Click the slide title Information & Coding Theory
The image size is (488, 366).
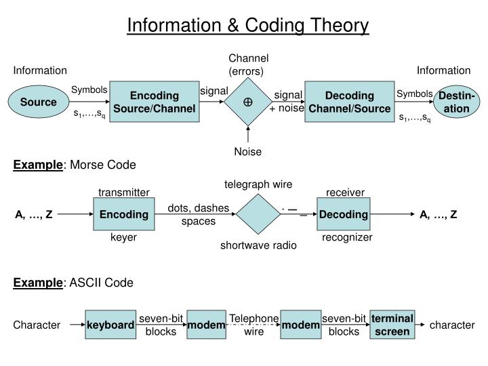pyautogui.click(x=248, y=26)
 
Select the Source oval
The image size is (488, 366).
pyautogui.click(x=38, y=102)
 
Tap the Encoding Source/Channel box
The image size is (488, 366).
pyautogui.click(x=155, y=102)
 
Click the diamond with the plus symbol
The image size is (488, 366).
pyautogui.click(x=248, y=102)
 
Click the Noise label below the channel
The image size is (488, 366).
pyautogui.click(x=248, y=152)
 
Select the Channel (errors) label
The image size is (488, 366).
pyautogui.click(x=248, y=64)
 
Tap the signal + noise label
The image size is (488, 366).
pyautogui.click(x=287, y=102)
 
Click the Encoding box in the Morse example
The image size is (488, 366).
pyautogui.click(x=124, y=215)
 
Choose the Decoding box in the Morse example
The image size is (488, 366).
pyautogui.click(x=344, y=215)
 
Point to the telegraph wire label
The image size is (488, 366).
pyautogui.click(x=258, y=184)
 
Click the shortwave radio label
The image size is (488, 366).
pyautogui.click(x=258, y=245)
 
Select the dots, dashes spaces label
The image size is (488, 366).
pyautogui.click(x=199, y=215)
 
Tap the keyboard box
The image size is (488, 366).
pyautogui.click(x=110, y=326)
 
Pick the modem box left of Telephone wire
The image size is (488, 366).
pyautogui.click(x=206, y=326)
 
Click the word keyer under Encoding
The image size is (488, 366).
pyautogui.click(x=124, y=238)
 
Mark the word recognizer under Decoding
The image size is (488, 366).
pyautogui.click(x=347, y=238)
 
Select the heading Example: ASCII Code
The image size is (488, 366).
pyautogui.click(x=74, y=283)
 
